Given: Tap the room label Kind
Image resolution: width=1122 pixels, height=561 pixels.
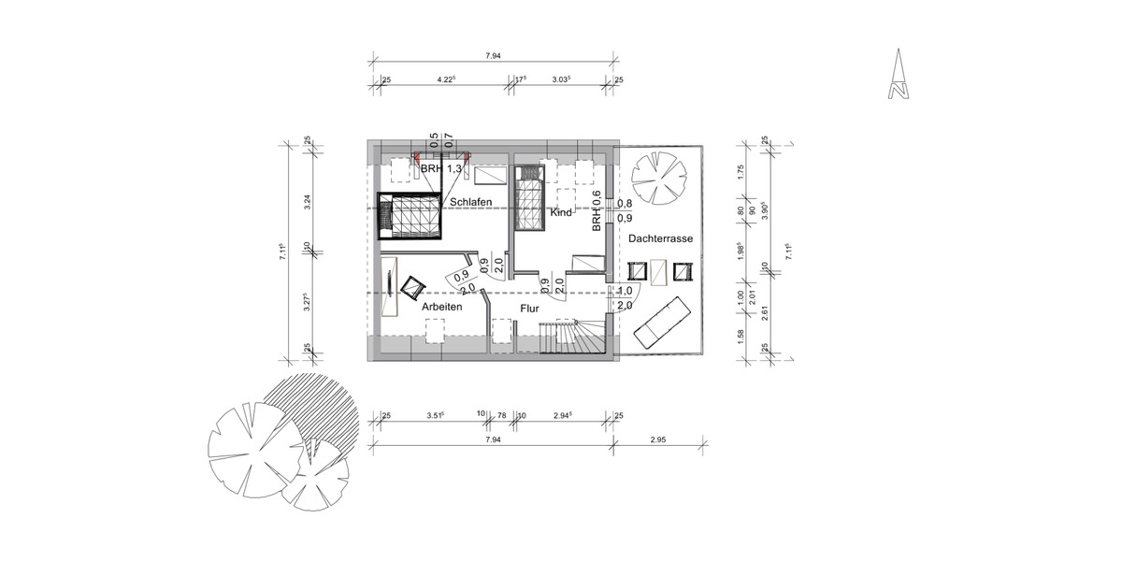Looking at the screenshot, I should point(561,213).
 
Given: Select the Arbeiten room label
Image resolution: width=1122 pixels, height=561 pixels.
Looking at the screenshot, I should point(442,306).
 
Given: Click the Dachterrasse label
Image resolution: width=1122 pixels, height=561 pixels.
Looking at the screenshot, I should point(661,240).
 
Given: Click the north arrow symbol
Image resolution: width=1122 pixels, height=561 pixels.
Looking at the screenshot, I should point(899,77).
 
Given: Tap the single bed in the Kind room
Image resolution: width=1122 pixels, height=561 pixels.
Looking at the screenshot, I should point(529,199).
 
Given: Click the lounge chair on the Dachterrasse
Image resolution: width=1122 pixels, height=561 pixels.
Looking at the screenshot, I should point(664,318).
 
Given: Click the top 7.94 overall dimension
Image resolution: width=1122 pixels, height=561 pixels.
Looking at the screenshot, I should point(494,57).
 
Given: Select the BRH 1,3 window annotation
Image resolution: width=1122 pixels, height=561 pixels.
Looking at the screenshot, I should point(440,169).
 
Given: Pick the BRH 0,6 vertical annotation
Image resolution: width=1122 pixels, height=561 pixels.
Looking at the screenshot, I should point(597,210).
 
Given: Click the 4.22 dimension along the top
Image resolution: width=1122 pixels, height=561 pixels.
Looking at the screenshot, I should point(446,81).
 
